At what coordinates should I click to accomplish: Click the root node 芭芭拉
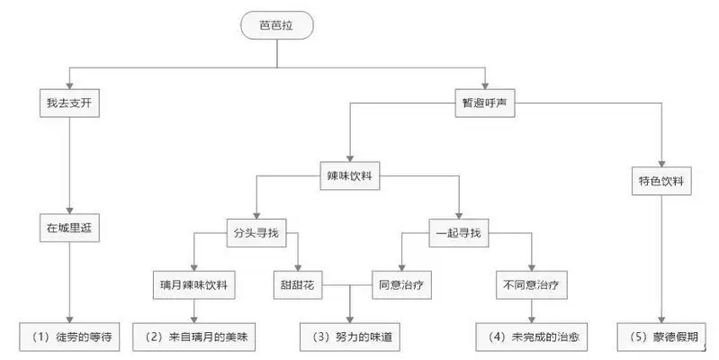276,27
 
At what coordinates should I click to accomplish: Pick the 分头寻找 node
255,234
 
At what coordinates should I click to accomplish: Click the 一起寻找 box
458,234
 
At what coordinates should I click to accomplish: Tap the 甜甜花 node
296,286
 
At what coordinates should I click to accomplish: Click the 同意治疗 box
398,286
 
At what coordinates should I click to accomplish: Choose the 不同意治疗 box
531,286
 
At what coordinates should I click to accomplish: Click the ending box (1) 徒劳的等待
69,337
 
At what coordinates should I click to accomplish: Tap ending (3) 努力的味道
349,337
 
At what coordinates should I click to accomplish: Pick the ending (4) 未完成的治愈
532,337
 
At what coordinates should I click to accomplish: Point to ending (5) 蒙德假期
664,337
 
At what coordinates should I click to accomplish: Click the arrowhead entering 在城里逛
69,208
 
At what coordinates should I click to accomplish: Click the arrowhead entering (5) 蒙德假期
664,320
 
